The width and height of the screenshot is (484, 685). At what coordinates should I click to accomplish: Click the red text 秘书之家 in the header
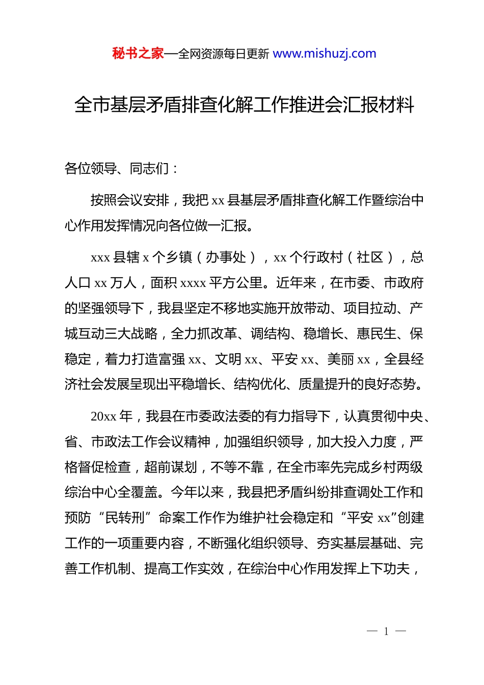point(138,54)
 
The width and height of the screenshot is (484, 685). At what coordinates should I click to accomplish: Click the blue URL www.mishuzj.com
point(325,54)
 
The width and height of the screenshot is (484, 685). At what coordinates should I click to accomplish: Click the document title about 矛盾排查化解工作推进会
point(244,105)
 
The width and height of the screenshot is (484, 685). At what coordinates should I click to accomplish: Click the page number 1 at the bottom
point(386,631)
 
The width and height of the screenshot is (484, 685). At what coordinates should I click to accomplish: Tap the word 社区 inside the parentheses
point(370,257)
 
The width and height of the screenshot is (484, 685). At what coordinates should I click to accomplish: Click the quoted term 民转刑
point(125,518)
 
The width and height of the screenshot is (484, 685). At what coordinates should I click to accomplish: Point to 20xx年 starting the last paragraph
point(111,416)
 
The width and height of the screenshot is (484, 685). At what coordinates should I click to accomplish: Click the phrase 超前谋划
point(171,467)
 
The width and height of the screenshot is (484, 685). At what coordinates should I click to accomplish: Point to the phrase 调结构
point(270,334)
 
